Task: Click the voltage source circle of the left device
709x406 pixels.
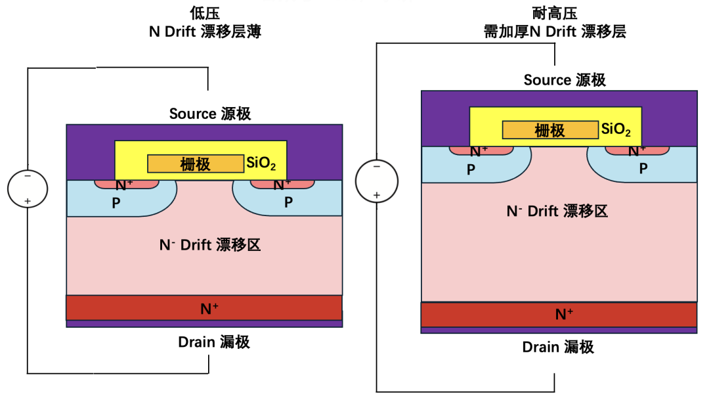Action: click(x=28, y=189)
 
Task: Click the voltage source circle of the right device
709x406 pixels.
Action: click(x=377, y=181)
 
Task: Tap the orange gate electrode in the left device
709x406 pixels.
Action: click(x=196, y=164)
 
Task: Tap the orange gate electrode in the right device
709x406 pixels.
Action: click(x=550, y=130)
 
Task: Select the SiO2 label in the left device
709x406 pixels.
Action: click(x=261, y=163)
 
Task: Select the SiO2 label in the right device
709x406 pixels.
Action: click(x=616, y=129)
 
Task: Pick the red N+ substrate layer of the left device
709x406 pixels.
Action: click(x=204, y=307)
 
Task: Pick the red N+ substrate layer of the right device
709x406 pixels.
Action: click(x=559, y=314)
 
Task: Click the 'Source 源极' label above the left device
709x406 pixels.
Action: click(x=210, y=114)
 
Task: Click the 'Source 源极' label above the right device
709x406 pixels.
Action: click(x=565, y=80)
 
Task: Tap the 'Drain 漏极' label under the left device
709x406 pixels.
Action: click(x=214, y=342)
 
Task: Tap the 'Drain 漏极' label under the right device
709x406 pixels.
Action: click(x=558, y=347)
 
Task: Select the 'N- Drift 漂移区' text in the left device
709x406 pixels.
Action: click(x=210, y=245)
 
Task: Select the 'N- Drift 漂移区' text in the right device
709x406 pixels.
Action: click(x=557, y=211)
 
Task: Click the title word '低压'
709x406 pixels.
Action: click(x=205, y=13)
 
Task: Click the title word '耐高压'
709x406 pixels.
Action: click(x=555, y=13)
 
